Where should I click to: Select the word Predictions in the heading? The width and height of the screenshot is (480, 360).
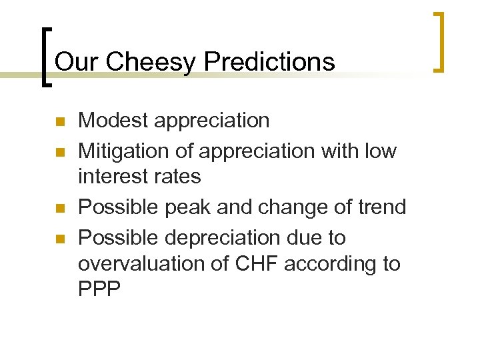tap(270, 62)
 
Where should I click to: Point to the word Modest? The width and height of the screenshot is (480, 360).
tap(113, 121)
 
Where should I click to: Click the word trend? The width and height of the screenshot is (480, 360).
tap(381, 207)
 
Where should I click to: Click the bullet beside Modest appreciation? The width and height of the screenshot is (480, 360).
tap(59, 123)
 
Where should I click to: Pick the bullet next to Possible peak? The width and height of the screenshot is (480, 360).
tap(59, 209)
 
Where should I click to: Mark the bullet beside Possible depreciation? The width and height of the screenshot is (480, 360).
tap(59, 239)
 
